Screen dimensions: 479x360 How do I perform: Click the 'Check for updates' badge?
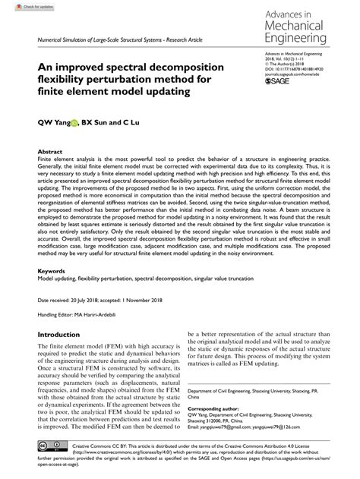pos(21,5)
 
